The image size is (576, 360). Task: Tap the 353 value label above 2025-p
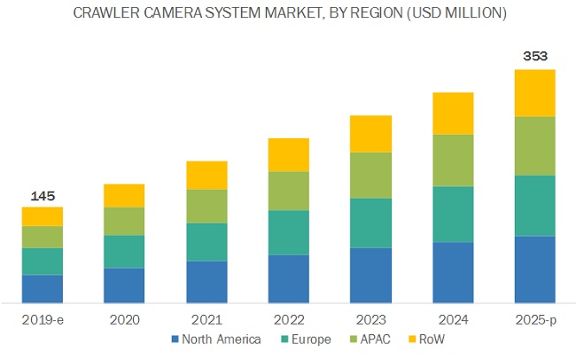pyautogui.click(x=534, y=55)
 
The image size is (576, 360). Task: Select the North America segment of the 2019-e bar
pyautogui.click(x=43, y=288)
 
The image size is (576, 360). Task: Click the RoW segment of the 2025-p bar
pyautogui.click(x=534, y=93)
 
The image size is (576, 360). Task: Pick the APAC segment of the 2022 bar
pyautogui.click(x=289, y=191)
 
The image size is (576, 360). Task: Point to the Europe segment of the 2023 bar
pyautogui.click(x=370, y=223)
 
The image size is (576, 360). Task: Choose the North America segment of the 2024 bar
pyautogui.click(x=453, y=272)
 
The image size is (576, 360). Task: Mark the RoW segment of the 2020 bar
pyautogui.click(x=125, y=195)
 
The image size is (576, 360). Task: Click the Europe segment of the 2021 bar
pyautogui.click(x=206, y=241)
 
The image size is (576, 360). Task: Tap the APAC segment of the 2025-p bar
pyautogui.click(x=534, y=146)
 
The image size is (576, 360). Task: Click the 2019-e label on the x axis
pyautogui.click(x=43, y=318)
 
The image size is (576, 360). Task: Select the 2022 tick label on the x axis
pyautogui.click(x=289, y=318)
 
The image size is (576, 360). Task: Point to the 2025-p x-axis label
pyautogui.click(x=534, y=318)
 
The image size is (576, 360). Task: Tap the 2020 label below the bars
pyautogui.click(x=125, y=318)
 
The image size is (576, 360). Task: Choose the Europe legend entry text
pyautogui.click(x=312, y=340)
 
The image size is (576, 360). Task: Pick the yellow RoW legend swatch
pyautogui.click(x=411, y=340)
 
